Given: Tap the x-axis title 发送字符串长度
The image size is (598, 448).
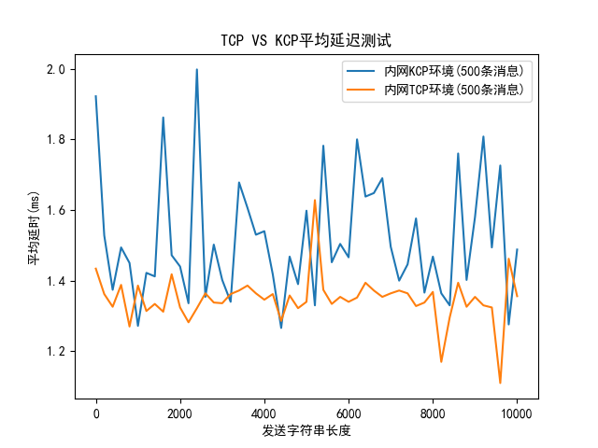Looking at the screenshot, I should pyautogui.click(x=306, y=431).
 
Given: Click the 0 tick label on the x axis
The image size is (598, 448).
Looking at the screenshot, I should pyautogui.click(x=95, y=412).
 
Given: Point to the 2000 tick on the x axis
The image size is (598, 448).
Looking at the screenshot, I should pyautogui.click(x=179, y=412).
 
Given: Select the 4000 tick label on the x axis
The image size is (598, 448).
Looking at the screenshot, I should pyautogui.click(x=264, y=412).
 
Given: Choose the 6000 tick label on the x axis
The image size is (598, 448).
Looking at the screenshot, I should pyautogui.click(x=349, y=412).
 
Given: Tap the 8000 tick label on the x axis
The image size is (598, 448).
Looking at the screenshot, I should pyautogui.click(x=433, y=412).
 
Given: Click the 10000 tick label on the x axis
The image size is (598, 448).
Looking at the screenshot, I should pyautogui.click(x=517, y=412).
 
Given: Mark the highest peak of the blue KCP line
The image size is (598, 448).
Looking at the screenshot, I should pyautogui.click(x=196, y=69).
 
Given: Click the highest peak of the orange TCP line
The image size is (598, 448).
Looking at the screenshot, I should pyautogui.click(x=315, y=200).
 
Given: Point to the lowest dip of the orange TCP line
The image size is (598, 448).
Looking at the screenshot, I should pyautogui.click(x=500, y=383).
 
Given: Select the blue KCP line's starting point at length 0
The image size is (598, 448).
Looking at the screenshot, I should pyautogui.click(x=95, y=96).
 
